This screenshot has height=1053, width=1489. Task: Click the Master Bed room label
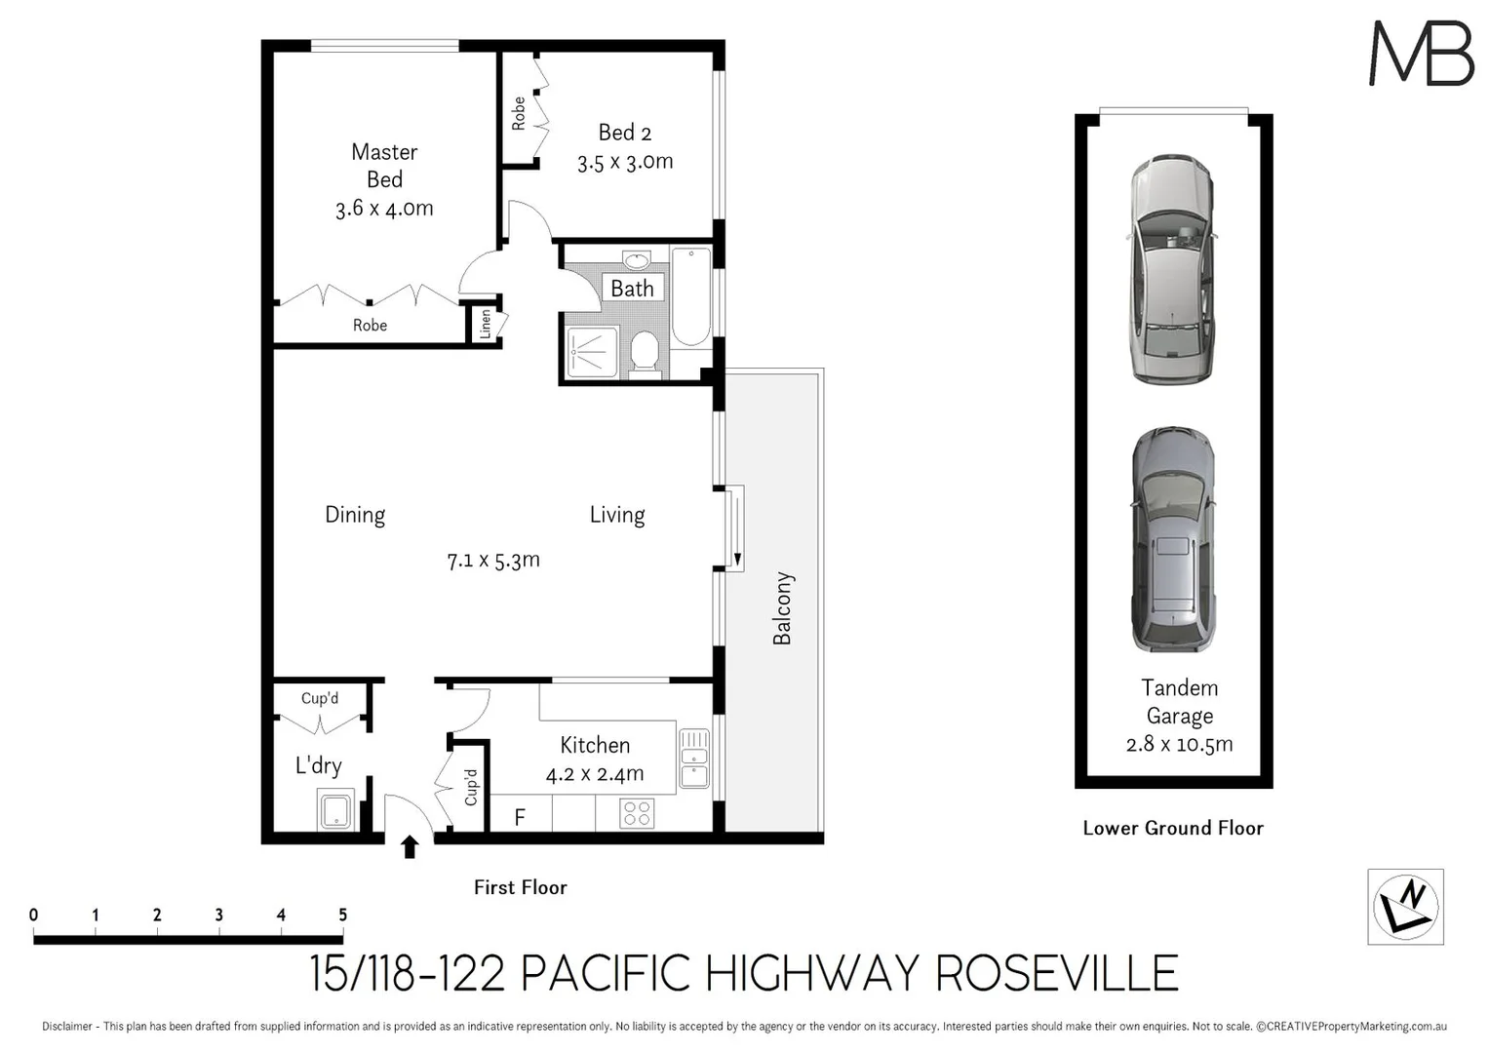(384, 166)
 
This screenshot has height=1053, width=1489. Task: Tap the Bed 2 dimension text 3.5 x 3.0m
(625, 162)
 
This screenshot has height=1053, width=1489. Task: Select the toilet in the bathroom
(645, 352)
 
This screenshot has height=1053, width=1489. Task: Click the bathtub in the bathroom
(691, 296)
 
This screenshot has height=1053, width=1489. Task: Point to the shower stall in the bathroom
(592, 351)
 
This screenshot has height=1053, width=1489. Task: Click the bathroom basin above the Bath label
(637, 260)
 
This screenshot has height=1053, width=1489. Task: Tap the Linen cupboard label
(486, 325)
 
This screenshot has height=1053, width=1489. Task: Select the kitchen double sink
(694, 758)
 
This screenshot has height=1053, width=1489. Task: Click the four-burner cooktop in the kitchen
(637, 813)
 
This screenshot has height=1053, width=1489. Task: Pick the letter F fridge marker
(520, 817)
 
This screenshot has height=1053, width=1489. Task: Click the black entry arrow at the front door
(410, 846)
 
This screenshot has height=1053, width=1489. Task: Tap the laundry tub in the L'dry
(334, 811)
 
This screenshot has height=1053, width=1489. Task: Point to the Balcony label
(782, 608)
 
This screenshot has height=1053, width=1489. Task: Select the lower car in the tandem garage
(1172, 539)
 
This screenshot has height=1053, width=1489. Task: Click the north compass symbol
(1405, 907)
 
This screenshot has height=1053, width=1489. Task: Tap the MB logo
(1421, 54)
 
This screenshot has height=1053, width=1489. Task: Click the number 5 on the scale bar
(342, 915)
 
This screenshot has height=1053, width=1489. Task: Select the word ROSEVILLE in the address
(1057, 973)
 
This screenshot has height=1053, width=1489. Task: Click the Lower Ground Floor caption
(1172, 828)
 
